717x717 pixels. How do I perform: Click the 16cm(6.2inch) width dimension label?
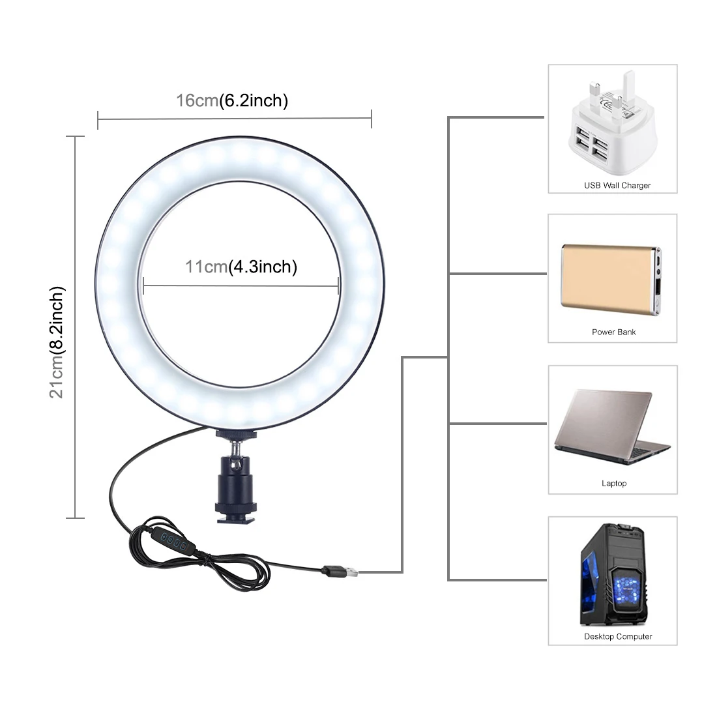click(232, 100)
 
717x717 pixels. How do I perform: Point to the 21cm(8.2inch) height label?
click(58, 342)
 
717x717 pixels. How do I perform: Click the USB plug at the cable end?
click(342, 572)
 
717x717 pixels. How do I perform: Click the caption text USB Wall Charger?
click(617, 186)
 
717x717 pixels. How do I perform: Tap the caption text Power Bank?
click(613, 332)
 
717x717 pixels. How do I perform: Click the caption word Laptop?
click(613, 484)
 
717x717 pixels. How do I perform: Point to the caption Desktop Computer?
click(618, 636)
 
